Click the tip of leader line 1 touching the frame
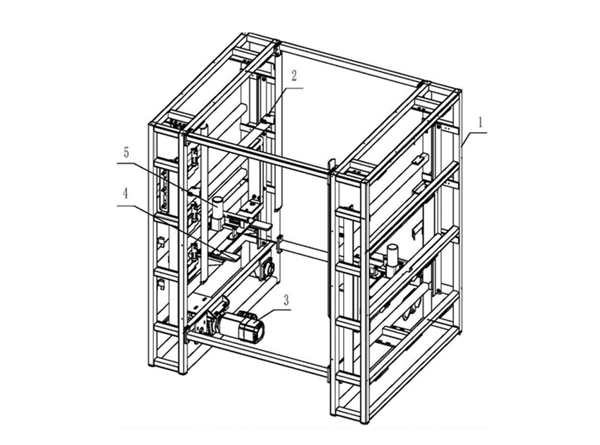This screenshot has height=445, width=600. pyautogui.click(x=462, y=146)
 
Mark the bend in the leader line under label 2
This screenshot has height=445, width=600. pyautogui.click(x=285, y=88)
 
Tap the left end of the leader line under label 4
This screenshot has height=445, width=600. pyautogui.click(x=117, y=206)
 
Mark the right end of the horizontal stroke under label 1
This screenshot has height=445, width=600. pyautogui.click(x=487, y=133)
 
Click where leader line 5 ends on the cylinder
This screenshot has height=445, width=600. pyautogui.click(x=217, y=206)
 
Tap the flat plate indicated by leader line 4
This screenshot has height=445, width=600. pyautogui.click(x=227, y=254)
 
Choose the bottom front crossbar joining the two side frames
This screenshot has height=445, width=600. pyautogui.click(x=257, y=352)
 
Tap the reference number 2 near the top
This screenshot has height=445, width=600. pyautogui.click(x=294, y=76)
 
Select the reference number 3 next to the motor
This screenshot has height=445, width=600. pyautogui.click(x=286, y=300)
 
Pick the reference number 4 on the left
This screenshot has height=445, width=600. pyautogui.click(x=126, y=194)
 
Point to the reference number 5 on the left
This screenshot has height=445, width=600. pyautogui.click(x=126, y=153)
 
